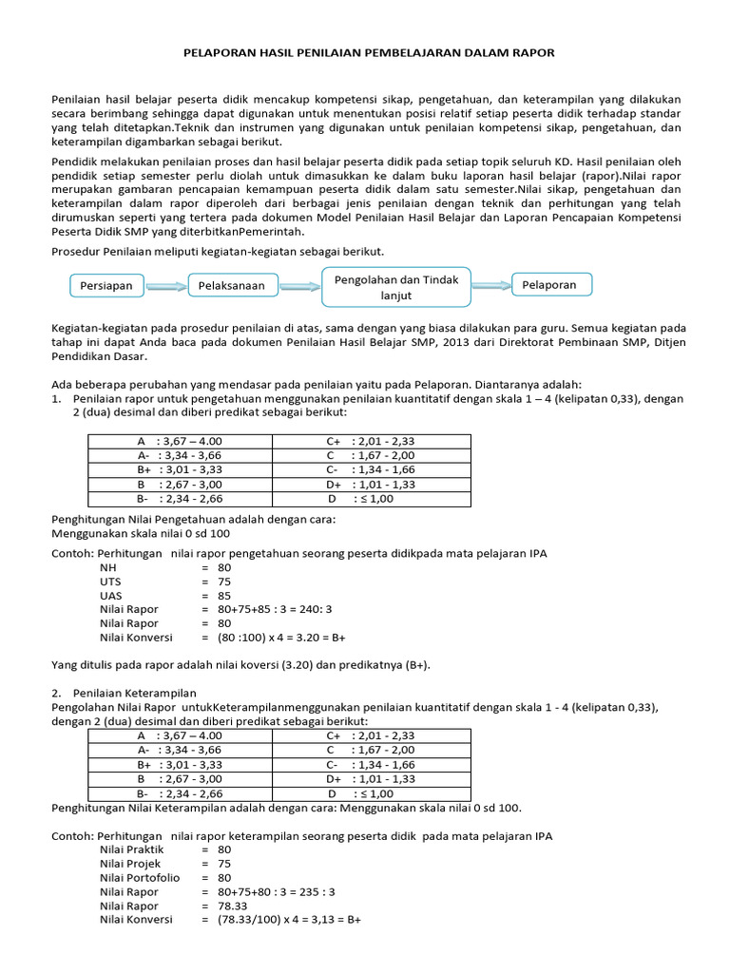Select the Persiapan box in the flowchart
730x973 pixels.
click(x=106, y=285)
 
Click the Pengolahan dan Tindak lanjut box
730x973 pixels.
click(x=395, y=287)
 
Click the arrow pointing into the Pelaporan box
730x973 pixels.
click(x=490, y=285)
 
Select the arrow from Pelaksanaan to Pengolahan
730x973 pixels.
click(x=299, y=285)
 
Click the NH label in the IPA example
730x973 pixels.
click(x=107, y=567)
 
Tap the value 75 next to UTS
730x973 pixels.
click(x=224, y=582)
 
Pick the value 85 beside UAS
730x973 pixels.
click(x=224, y=595)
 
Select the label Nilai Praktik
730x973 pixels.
click(x=132, y=849)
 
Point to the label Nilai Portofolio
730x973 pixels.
click(x=140, y=878)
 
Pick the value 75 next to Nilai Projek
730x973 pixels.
click(x=224, y=864)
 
